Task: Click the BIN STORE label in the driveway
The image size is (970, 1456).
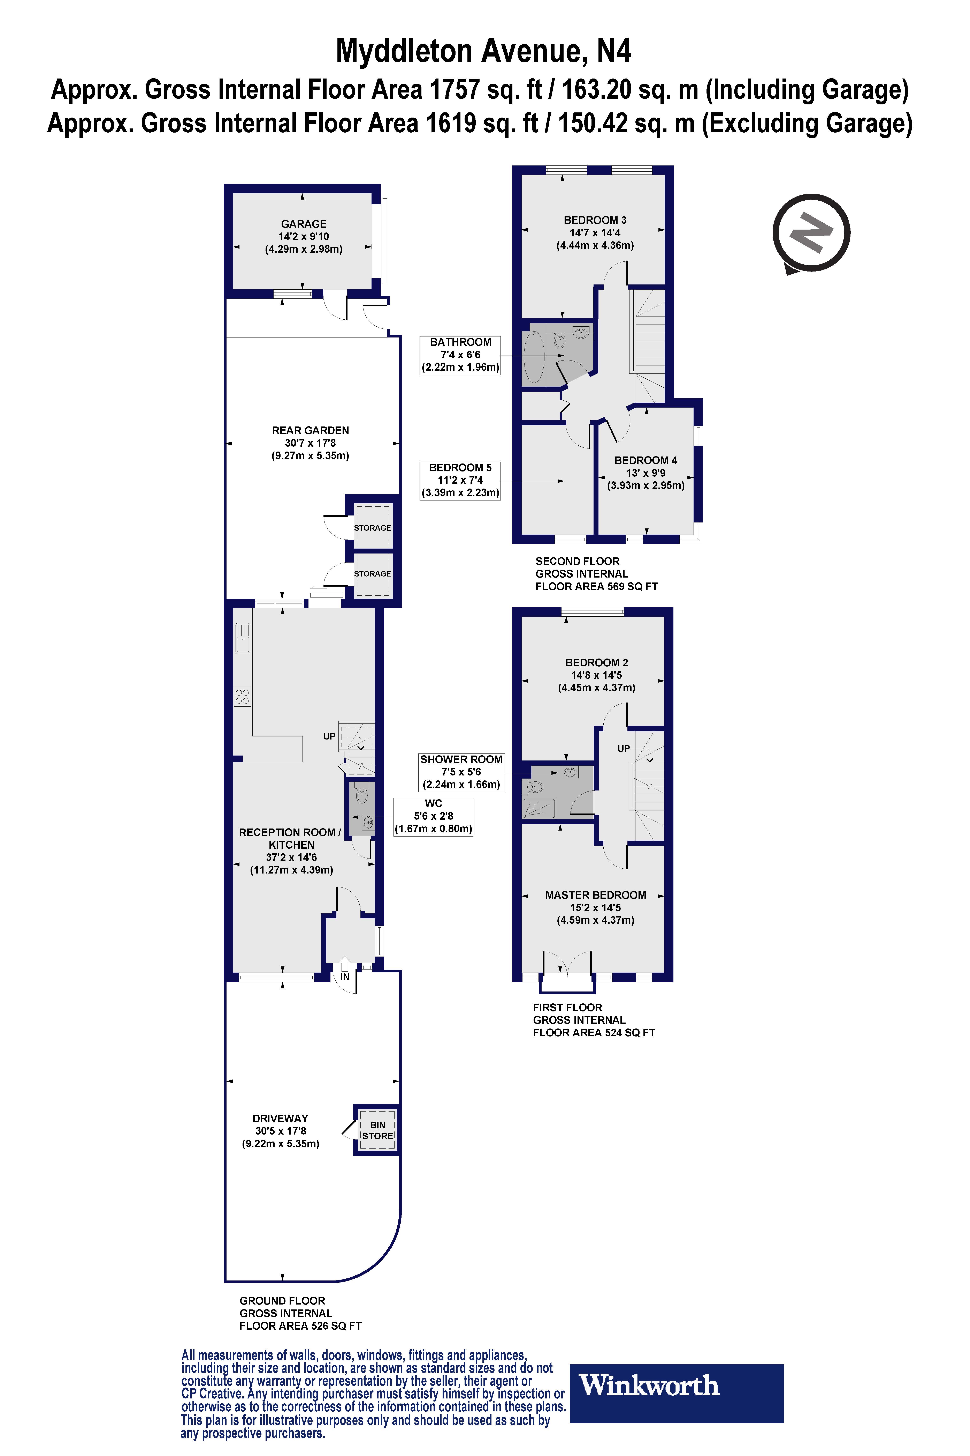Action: coord(377,1130)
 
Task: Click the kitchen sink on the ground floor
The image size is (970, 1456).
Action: coord(242,638)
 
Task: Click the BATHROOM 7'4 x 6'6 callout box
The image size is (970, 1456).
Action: coord(460,355)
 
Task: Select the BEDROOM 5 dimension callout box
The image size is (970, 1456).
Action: coord(460,480)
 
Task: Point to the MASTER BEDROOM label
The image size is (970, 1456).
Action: coord(595,895)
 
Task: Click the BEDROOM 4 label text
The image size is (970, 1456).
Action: coord(645,461)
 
